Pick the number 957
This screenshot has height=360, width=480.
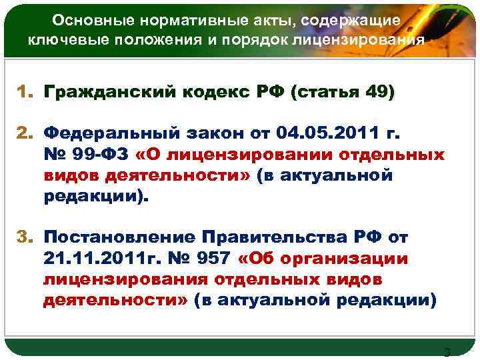[x=214, y=257]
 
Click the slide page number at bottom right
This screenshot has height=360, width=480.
[x=447, y=352]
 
